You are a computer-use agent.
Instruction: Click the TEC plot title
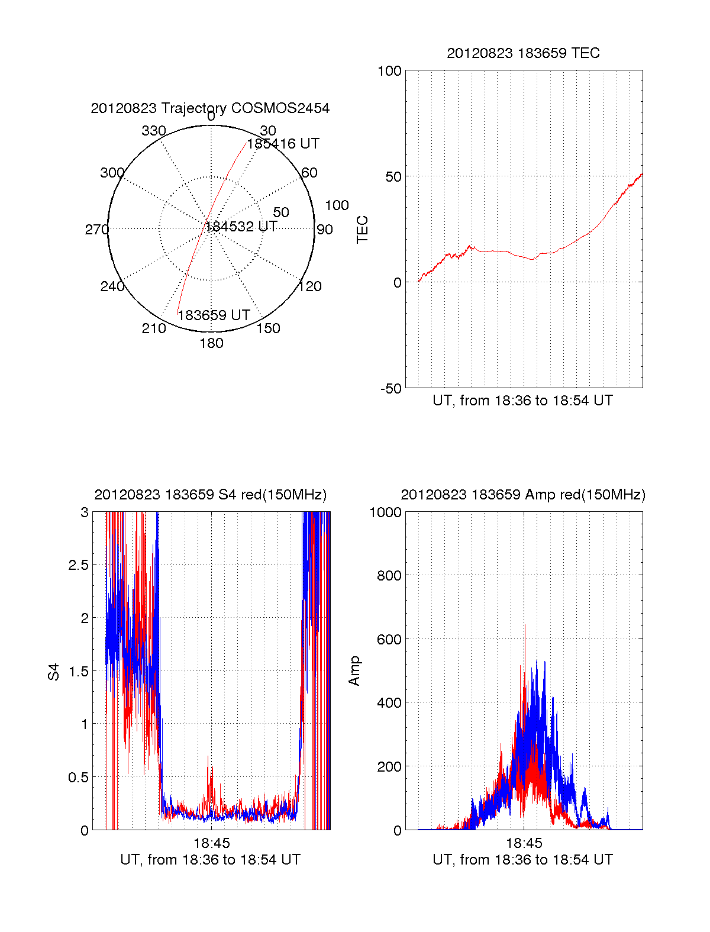pyautogui.click(x=523, y=53)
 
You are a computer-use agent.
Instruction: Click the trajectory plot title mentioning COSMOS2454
pyautogui.click(x=210, y=108)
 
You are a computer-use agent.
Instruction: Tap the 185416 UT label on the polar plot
pyautogui.click(x=283, y=144)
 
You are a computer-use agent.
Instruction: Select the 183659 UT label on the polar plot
pyautogui.click(x=214, y=315)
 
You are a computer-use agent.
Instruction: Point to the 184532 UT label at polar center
pyautogui.click(x=241, y=227)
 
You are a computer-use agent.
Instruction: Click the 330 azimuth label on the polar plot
pyautogui.click(x=153, y=131)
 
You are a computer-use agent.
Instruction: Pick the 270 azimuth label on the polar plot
pyautogui.click(x=96, y=230)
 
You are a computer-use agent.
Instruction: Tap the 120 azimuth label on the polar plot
pyautogui.click(x=310, y=287)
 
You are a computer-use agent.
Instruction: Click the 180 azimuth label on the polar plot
pyautogui.click(x=211, y=343)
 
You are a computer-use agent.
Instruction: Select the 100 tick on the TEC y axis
pyautogui.click(x=389, y=72)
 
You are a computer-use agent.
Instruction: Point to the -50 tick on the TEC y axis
pyautogui.click(x=389, y=389)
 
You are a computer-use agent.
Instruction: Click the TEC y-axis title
pyautogui.click(x=362, y=230)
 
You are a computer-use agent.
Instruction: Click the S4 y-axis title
pyautogui.click(x=54, y=672)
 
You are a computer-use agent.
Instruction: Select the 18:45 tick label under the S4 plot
pyautogui.click(x=211, y=843)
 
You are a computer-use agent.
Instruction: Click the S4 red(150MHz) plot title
pyautogui.click(x=210, y=495)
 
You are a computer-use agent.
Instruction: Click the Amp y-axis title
pyautogui.click(x=354, y=671)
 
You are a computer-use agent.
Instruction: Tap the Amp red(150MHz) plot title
pyautogui.click(x=523, y=495)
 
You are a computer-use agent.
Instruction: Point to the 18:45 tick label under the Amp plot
pyautogui.click(x=524, y=843)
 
